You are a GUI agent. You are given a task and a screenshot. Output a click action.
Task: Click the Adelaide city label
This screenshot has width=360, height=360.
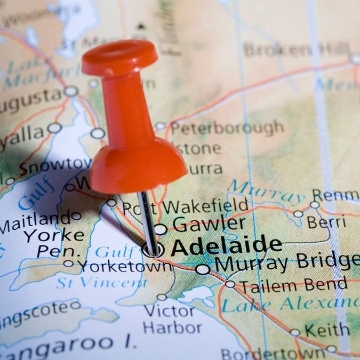click(226, 246)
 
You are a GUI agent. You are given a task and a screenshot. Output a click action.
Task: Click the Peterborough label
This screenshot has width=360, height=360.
click(227, 128)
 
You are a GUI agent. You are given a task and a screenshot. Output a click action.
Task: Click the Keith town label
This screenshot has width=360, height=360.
click(326, 331)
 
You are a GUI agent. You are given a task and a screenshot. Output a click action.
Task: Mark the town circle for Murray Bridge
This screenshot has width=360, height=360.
click(203, 269)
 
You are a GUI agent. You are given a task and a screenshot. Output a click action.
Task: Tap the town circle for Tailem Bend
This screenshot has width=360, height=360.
click(230, 284)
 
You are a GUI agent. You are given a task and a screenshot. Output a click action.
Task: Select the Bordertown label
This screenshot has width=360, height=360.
click(272, 353)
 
